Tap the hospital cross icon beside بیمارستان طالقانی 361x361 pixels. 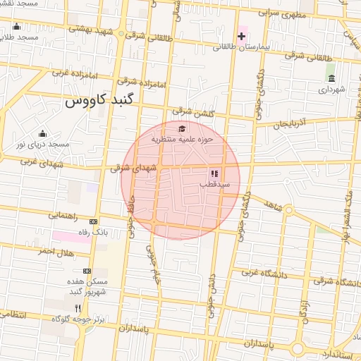[x=240, y=35]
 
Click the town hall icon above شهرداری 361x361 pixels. [x=331, y=78]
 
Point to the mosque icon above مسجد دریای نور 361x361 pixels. [x=42, y=133]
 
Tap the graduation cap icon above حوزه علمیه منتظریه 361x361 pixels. [x=183, y=128]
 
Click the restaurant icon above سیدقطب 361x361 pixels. [x=214, y=173]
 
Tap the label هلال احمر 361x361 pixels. [x=55, y=250]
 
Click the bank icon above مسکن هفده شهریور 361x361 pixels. [x=87, y=271]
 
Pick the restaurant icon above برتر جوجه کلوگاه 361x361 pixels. [x=78, y=308]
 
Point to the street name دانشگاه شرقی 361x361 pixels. [x=331, y=281]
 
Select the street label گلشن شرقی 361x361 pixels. [x=190, y=111]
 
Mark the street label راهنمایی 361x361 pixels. [x=63, y=216]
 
